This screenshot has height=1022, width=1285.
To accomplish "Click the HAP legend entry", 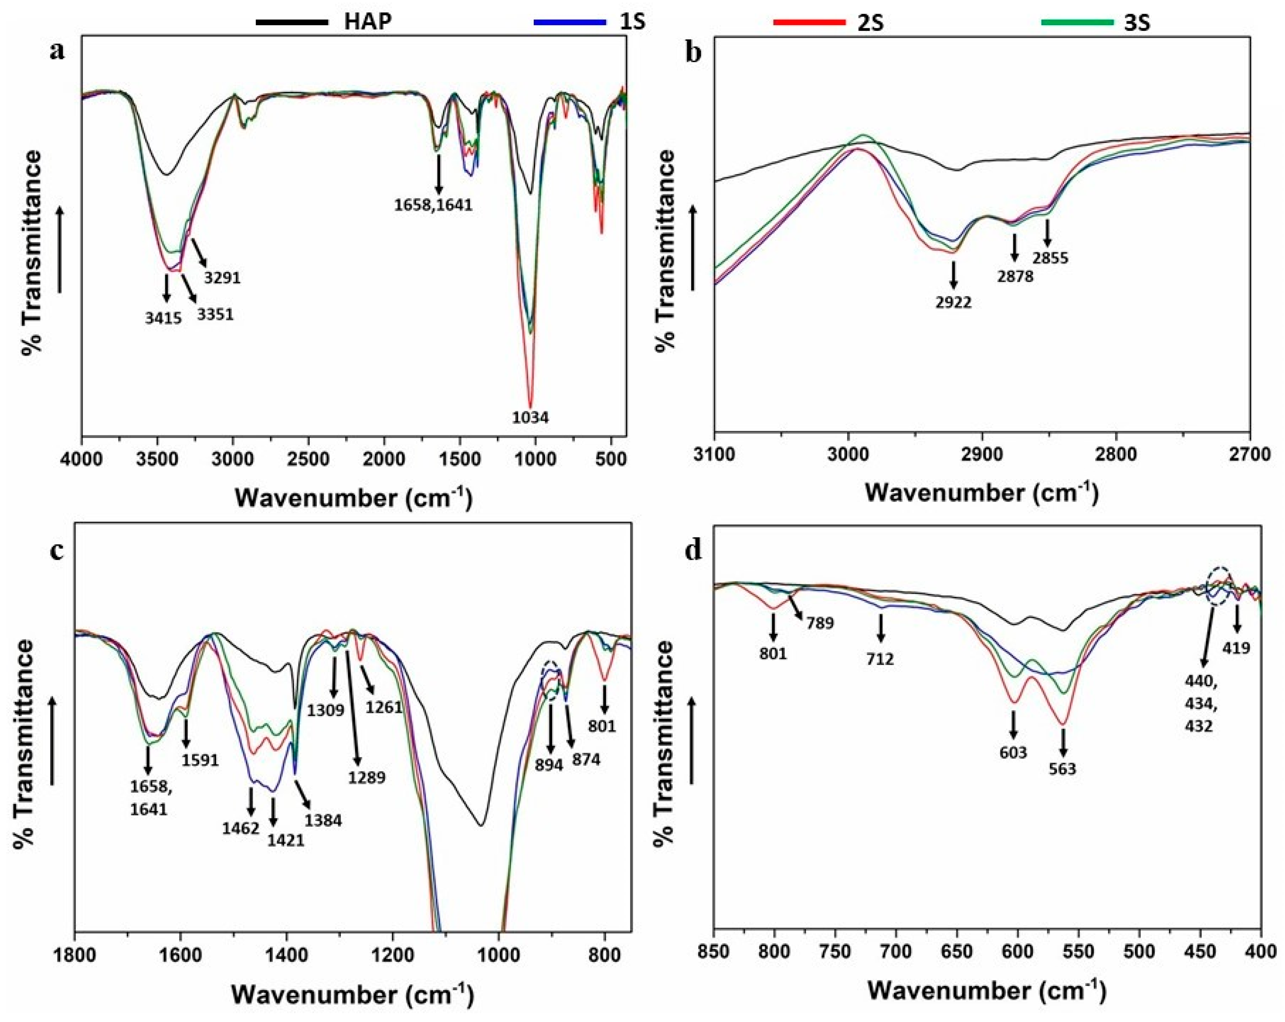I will click(368, 22).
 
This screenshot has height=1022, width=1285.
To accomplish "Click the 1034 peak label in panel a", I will click(530, 418).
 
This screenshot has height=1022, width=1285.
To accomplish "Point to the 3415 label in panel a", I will click(163, 318).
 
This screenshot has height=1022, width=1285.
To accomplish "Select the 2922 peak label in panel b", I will click(953, 302).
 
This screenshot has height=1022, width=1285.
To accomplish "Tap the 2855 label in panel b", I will click(1050, 258).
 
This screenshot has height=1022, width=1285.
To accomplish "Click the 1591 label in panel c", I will click(200, 760).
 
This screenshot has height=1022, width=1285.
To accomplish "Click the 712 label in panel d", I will click(880, 659).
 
